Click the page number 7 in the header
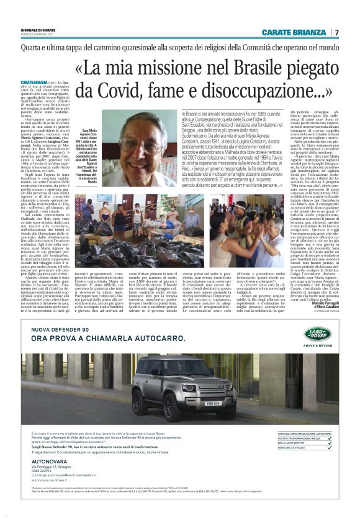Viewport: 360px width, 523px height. click(336, 32)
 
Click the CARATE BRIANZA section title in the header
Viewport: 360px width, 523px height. click(295, 32)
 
